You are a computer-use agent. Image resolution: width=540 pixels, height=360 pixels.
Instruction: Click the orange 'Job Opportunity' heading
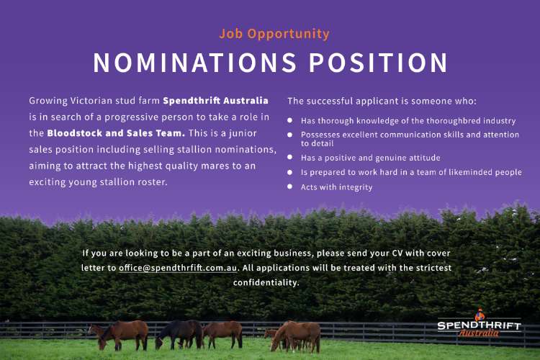point(274,34)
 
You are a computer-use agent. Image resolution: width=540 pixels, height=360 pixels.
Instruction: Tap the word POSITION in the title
point(378,63)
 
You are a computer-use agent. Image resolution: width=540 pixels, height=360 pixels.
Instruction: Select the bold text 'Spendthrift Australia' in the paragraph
point(215,101)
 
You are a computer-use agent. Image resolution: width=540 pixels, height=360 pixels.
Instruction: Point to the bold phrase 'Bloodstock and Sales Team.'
point(116,133)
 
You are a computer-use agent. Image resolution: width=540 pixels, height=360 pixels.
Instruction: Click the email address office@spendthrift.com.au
point(178,268)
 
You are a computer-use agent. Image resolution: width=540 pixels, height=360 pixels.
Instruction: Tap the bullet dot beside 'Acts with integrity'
point(290,186)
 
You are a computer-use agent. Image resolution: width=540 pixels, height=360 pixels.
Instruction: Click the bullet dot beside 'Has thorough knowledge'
point(290,120)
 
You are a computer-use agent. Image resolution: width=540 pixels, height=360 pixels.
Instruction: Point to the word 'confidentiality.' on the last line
point(266,282)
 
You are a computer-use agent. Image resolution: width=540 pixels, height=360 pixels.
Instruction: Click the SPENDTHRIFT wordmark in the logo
point(479,325)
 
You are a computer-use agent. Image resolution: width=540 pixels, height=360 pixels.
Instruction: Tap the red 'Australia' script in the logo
point(479,333)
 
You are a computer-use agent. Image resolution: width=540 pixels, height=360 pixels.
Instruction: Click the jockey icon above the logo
point(480,315)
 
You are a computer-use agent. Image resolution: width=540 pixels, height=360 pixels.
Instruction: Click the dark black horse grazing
point(179,334)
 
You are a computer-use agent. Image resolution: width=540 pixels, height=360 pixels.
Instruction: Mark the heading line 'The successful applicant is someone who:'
point(382,101)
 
